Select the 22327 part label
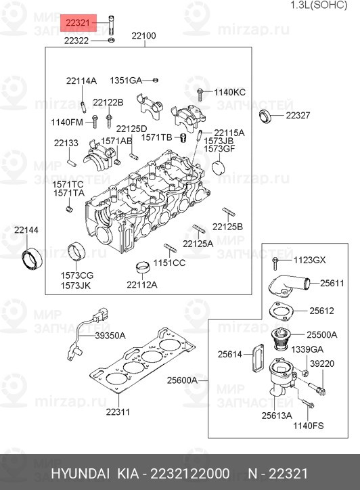[x=297, y=116]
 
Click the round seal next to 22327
[x=268, y=115]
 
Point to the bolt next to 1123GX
[x=275, y=261]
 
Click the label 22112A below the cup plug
[x=141, y=284]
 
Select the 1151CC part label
[x=169, y=263]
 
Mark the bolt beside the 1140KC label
[x=201, y=92]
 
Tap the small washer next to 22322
[x=111, y=41]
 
